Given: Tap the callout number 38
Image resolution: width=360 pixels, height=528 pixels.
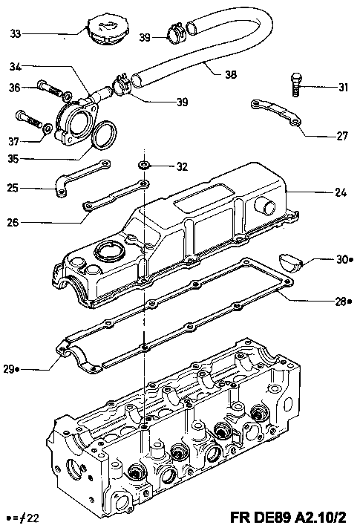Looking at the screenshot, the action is tap(230, 74).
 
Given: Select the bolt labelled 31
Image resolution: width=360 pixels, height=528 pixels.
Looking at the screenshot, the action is tap(296, 84).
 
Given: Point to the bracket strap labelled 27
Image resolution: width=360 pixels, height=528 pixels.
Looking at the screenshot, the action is tap(276, 112).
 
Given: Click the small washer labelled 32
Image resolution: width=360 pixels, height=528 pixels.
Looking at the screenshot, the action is tap(145, 165).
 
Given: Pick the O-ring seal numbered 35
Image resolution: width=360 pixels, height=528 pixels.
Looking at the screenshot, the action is tap(104, 134).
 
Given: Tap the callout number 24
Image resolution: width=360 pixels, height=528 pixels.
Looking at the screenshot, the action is tap(341, 192).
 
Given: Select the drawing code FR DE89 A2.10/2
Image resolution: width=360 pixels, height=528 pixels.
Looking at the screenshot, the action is tap(288, 517).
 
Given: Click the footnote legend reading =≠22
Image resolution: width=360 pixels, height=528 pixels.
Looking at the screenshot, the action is tap(23, 517).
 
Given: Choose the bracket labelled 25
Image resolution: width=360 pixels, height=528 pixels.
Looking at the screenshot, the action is tap(82, 177).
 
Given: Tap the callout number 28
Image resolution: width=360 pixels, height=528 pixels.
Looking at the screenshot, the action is tap(341, 302).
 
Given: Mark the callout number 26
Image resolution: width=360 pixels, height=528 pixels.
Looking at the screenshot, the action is tap(13, 222).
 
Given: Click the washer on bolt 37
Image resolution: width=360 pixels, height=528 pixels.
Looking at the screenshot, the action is tap(48, 128).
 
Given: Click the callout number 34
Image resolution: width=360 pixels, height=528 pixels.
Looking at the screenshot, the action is tap(15, 66).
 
